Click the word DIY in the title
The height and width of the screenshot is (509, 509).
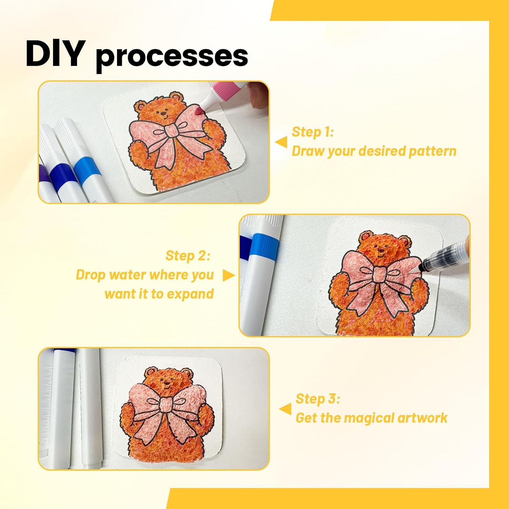[55, 54]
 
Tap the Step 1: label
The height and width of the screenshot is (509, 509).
[313, 132]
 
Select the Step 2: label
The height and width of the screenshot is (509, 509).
[188, 256]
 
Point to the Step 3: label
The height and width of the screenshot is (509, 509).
[318, 399]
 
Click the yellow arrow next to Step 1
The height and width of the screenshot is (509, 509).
[281, 142]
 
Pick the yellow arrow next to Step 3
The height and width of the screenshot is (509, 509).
[285, 409]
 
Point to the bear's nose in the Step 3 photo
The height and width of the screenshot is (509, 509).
[167, 384]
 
